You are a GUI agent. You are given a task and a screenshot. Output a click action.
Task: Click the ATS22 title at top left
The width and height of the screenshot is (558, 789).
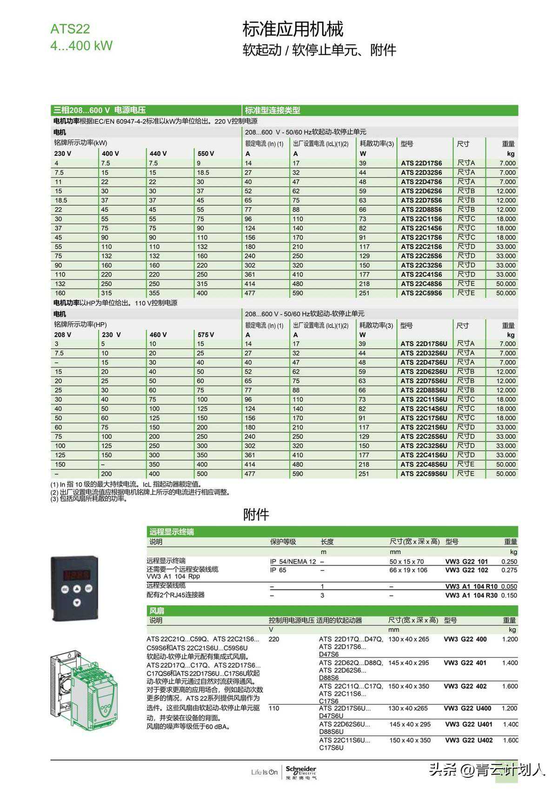click(x=70, y=29)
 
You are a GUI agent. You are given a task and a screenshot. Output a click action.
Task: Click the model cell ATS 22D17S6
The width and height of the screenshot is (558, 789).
click(x=421, y=163)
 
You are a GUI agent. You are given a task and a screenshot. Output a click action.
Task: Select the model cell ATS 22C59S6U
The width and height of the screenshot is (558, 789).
click(x=424, y=474)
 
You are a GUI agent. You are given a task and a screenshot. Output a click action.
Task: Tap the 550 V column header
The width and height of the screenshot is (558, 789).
click(x=206, y=153)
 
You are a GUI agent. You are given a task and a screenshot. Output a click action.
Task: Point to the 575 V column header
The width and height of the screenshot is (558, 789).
click(x=206, y=335)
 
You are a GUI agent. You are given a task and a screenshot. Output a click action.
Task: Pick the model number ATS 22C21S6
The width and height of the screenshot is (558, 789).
click(x=421, y=247)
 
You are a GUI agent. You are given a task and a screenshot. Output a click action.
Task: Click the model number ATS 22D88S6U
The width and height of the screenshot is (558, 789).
click(x=424, y=390)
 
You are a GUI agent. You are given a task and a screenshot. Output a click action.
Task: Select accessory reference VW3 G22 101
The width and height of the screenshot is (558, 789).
click(x=466, y=562)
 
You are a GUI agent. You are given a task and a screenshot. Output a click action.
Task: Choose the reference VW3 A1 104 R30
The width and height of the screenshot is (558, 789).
click(x=471, y=595)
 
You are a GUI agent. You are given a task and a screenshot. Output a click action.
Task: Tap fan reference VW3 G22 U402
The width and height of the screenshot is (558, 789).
click(x=469, y=740)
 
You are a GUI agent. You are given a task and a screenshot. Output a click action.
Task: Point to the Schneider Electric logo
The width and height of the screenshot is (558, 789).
click(x=300, y=772)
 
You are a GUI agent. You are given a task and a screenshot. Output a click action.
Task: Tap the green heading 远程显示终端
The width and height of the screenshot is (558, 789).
click(x=172, y=532)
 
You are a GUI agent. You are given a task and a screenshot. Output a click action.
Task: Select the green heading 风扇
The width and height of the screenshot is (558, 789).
click(x=157, y=610)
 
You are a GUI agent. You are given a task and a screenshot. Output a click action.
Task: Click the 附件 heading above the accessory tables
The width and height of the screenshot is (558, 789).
click(x=256, y=515)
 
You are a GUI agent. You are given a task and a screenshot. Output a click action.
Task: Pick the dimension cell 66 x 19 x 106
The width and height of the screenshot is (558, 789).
click(x=408, y=570)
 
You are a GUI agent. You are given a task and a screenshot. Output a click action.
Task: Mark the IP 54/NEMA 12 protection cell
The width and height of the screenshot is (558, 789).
click(x=293, y=562)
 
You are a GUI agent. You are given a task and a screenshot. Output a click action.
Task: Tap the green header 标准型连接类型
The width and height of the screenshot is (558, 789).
click(x=272, y=110)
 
